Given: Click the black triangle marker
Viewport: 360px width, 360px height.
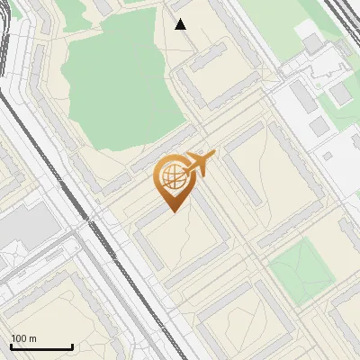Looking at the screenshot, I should point(181,23).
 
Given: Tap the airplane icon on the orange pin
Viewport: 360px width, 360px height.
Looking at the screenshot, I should point(199,164).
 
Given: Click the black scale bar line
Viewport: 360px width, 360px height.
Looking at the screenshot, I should point(41,346).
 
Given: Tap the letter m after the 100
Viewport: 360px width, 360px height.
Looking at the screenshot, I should point(33,338).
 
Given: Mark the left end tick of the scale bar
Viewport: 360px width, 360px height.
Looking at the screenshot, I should point(12,346).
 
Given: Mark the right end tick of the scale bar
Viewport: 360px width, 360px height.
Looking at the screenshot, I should point(72,346).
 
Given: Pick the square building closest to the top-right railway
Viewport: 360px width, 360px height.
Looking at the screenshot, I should point(312,43).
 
